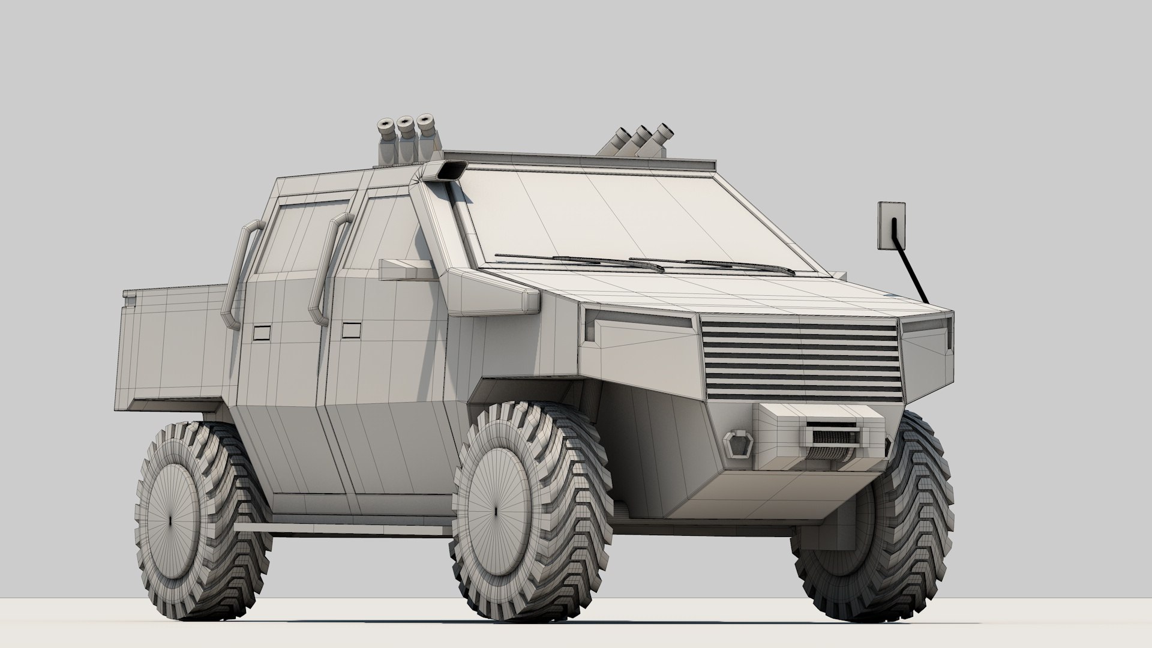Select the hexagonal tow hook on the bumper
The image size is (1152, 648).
[x=736, y=443]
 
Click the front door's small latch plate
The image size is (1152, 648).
[x=351, y=331]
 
